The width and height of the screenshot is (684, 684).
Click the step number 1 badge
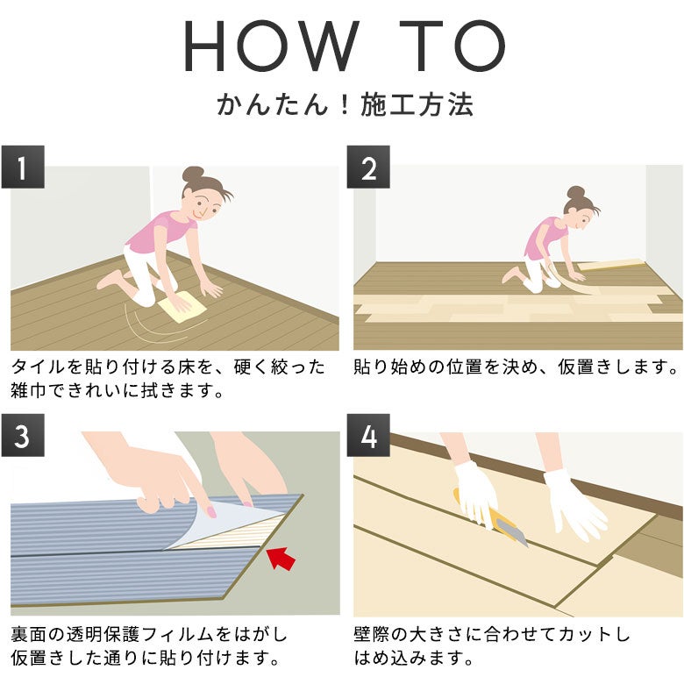(23, 167)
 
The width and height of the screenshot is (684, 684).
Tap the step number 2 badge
(368, 167)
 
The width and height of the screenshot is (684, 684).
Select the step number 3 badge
(23, 435)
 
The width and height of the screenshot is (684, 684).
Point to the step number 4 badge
(368, 435)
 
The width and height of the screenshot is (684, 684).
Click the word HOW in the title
(271, 46)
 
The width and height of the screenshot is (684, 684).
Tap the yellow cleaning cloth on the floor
(182, 307)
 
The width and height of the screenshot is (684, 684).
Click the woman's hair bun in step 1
(193, 174)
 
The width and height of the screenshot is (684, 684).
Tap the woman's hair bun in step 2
(577, 192)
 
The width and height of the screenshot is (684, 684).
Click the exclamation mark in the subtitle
(345, 104)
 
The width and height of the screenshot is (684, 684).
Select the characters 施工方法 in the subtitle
(417, 104)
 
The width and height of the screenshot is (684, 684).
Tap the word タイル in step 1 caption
(38, 367)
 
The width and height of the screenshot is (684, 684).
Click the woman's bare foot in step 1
(110, 279)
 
